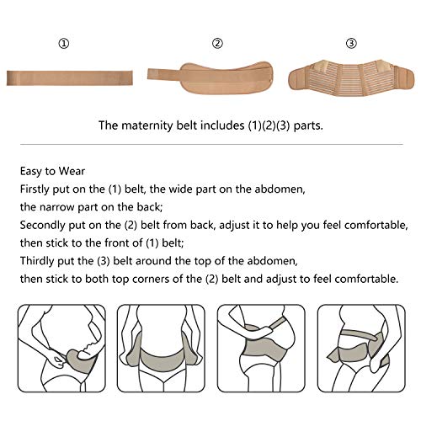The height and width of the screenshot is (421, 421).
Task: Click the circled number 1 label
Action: pos(64,44)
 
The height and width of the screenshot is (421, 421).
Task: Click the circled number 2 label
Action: pos(217,44)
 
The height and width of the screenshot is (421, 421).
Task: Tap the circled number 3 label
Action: pos(351,44)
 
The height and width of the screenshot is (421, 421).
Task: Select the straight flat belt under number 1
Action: pos(70,78)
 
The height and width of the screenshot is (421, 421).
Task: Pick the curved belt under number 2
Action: pos(210,78)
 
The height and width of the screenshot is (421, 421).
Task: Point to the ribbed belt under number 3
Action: pos(351,78)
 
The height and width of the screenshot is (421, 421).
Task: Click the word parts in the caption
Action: pos(308,125)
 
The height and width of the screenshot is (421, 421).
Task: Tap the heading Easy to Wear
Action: pos(52,171)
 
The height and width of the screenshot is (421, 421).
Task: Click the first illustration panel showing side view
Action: pos(62,349)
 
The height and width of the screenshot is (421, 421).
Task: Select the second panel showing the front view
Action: pos(161,349)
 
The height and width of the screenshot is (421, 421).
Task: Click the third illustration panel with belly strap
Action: pos(261,349)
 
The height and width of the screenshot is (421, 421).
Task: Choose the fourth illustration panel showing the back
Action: pos(361,349)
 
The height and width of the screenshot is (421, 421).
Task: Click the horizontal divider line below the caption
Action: pos(211,145)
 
